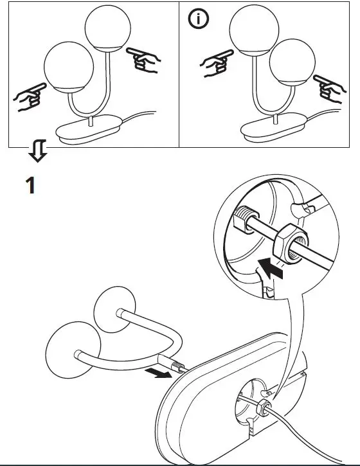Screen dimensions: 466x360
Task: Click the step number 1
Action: (x=30, y=186)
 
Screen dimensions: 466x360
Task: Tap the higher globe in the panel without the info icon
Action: (x=107, y=30)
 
